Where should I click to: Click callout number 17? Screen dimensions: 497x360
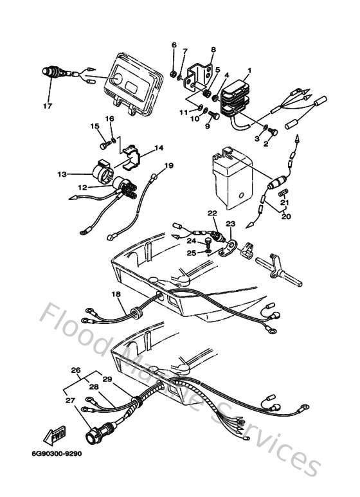coord(46,106)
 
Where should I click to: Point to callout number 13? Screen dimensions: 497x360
coord(62,174)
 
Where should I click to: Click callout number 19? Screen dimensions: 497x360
coord(168,166)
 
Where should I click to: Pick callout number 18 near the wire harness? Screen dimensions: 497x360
coord(116,294)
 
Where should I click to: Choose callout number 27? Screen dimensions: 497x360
coord(69,401)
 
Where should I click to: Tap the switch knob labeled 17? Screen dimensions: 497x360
coord(52,71)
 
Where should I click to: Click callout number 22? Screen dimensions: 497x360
coord(212,212)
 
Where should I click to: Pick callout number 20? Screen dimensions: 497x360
coord(285,217)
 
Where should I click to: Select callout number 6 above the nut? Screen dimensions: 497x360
coord(173,44)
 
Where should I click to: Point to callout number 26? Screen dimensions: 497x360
coord(75,370)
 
